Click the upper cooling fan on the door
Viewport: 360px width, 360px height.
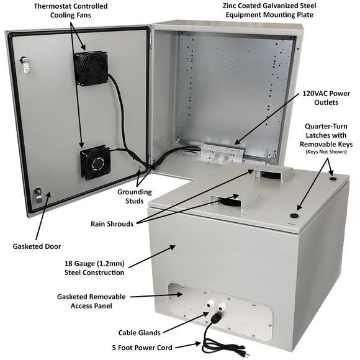pos(91,67)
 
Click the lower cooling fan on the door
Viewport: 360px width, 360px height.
pos(95,162)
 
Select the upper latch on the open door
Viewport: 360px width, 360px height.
pos(24,62)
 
